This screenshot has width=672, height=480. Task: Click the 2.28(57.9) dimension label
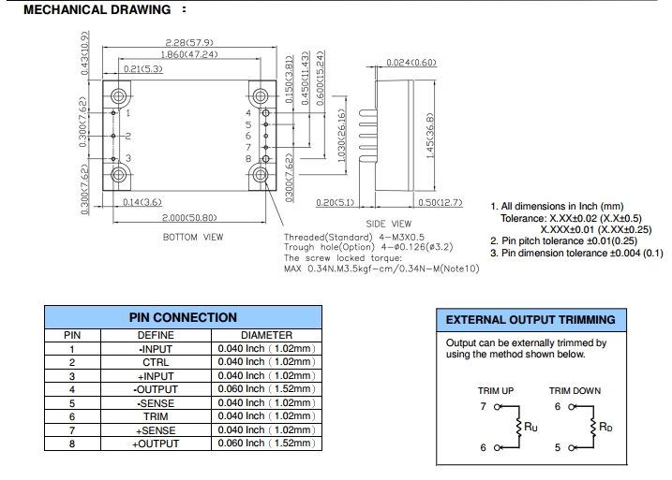tap(187, 43)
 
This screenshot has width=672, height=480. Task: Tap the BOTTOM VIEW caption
tap(193, 238)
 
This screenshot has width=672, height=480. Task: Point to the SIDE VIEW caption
tap(389, 224)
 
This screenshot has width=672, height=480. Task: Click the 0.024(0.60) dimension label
tap(412, 63)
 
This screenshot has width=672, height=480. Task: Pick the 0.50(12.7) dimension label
tap(441, 202)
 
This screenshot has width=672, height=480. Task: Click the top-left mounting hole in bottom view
tap(118, 96)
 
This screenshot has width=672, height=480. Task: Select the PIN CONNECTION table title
tap(182, 318)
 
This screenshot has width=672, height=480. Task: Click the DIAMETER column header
tap(267, 335)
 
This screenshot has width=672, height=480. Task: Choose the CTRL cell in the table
tap(156, 362)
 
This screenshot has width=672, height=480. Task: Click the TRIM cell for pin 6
tap(156, 416)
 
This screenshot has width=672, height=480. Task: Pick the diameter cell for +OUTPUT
tap(267, 444)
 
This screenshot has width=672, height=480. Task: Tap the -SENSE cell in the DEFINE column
tap(156, 402)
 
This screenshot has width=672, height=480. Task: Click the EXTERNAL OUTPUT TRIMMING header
tap(530, 320)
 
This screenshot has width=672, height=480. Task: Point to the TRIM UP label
tap(496, 391)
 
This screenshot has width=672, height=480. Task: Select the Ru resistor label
tap(530, 429)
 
